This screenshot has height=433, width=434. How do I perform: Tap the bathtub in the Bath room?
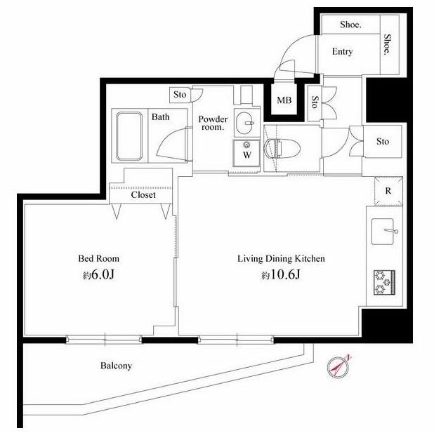coord(129,136)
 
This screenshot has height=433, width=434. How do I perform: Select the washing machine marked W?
coord(246,153)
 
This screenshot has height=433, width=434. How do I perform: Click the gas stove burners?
coord(384,282)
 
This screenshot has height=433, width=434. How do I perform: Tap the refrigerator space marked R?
coord(388,191)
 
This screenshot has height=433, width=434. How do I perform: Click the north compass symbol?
coord(338,367)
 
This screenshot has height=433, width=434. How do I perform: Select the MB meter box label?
coord(284,100)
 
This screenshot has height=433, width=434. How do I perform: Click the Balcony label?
coord(116,366)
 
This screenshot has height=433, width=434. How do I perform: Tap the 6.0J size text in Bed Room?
coord(98,274)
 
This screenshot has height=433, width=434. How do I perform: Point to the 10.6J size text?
coord(281,275)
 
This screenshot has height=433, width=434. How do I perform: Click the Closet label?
coord(143,195)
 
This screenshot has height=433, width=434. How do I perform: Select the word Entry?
coord(343,51)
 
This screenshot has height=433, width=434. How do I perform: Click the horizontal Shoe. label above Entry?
coord(350,25)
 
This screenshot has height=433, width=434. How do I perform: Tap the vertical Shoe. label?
coord(388,44)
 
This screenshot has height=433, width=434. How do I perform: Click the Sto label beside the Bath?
coord(180,95)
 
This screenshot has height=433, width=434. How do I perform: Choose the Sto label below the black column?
coord(383,141)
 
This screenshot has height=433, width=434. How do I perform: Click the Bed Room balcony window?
coord(104,340)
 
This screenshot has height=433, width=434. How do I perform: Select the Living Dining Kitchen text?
coord(281,259)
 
